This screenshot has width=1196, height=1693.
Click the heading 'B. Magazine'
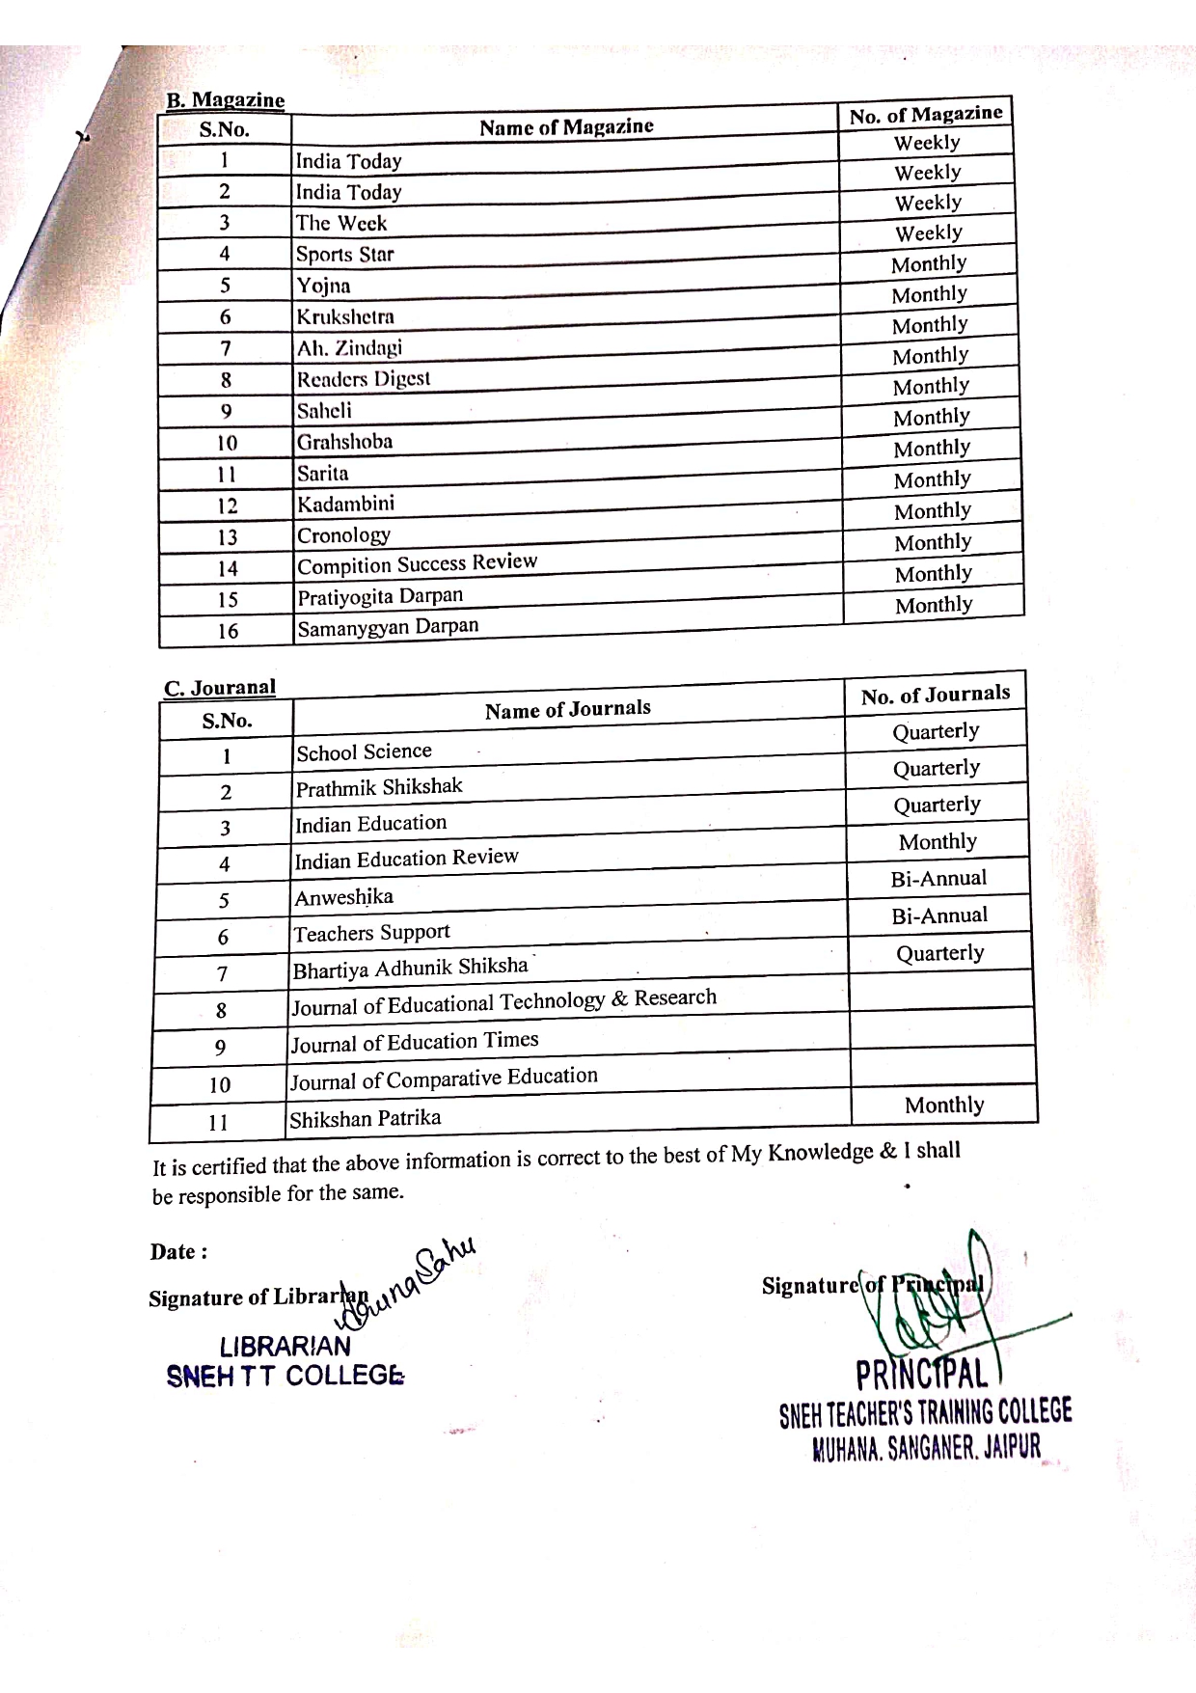pos(226,100)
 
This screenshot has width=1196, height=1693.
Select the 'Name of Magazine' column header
pos(566,126)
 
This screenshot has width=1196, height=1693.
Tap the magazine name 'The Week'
pos(340,223)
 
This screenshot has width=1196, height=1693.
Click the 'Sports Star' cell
pos(344,255)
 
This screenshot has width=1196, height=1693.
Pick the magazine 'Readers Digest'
pos(363,379)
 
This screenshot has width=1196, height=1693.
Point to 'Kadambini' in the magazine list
pos(345,505)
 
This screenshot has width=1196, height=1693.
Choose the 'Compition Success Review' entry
pos(417,563)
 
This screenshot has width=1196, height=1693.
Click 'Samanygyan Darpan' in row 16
pos(388,628)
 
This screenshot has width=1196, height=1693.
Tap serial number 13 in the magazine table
pos(227,537)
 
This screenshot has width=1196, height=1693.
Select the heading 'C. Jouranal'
pos(220,688)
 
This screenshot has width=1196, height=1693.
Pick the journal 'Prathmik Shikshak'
pos(379,788)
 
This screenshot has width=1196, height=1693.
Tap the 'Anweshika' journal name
pos(344,898)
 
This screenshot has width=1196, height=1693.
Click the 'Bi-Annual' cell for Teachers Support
pos(939,915)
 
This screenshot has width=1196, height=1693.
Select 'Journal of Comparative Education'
pos(445,1079)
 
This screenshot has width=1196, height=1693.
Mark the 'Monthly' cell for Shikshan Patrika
pos(944,1105)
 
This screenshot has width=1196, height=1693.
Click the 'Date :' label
pos(178,1252)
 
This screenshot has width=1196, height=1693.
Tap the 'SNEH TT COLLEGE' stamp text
pos(285,1376)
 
